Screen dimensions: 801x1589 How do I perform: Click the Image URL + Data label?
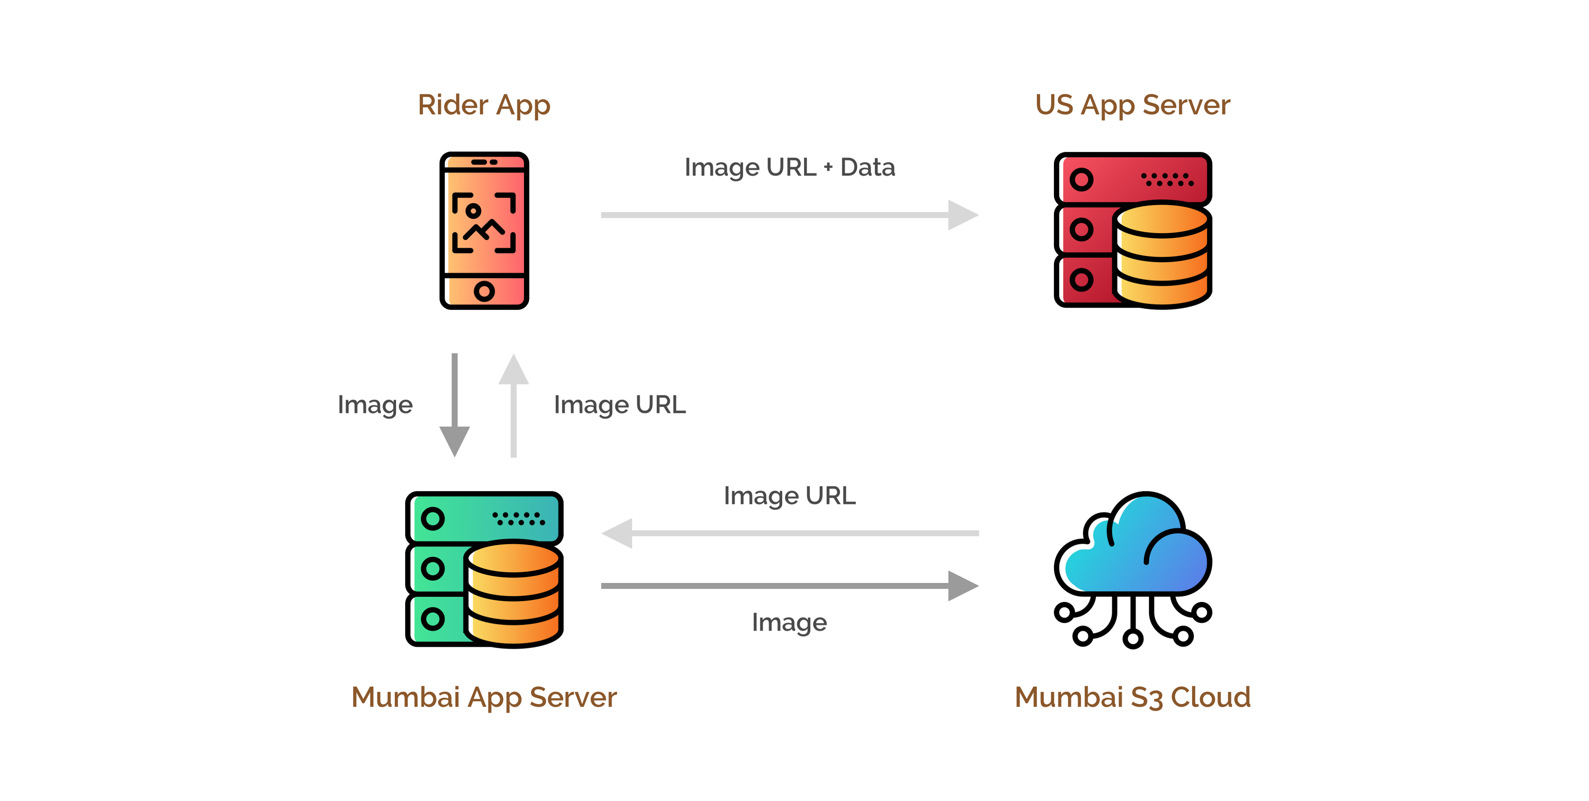click(x=790, y=167)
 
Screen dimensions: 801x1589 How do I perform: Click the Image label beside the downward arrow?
click(x=375, y=405)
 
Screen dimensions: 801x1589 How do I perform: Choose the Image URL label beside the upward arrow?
click(x=619, y=405)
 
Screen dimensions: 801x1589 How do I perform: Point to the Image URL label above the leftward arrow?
click(x=790, y=496)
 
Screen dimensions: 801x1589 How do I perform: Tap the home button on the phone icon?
click(x=484, y=291)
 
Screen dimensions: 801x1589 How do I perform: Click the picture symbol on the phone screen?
click(x=484, y=223)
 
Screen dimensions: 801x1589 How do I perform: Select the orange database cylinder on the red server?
click(x=1162, y=255)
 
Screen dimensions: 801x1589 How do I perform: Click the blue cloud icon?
click(x=1133, y=549)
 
